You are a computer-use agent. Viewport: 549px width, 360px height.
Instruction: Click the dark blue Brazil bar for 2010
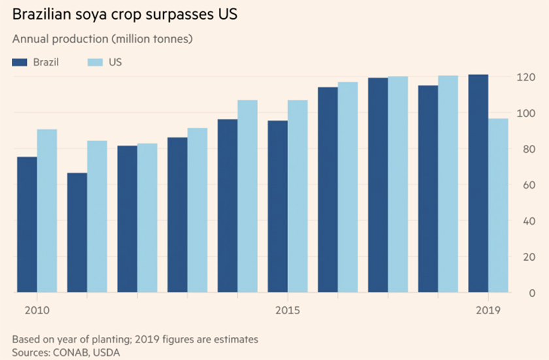[x=27, y=225]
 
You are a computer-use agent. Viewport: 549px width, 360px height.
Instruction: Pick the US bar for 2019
[x=498, y=205]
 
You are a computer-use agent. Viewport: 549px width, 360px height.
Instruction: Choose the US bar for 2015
[x=297, y=196]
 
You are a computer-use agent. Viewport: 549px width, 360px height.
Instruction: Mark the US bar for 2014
[x=247, y=196]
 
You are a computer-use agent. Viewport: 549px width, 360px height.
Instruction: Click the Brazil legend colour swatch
[x=20, y=62]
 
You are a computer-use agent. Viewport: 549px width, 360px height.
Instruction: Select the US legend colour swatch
[x=95, y=62]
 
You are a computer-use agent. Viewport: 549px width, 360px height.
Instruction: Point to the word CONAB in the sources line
[x=67, y=353]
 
